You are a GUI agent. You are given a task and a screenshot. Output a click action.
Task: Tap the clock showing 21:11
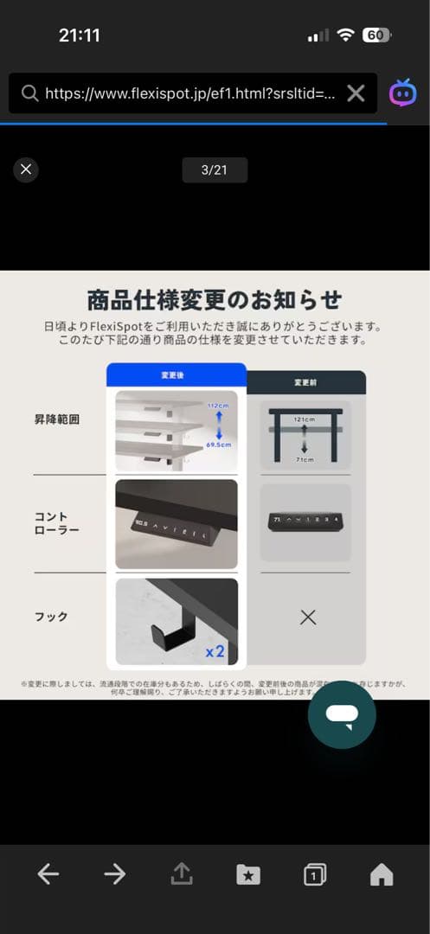click(80, 35)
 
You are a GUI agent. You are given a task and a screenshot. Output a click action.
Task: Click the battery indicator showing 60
click(376, 35)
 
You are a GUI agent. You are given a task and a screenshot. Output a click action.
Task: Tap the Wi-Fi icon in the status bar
click(346, 35)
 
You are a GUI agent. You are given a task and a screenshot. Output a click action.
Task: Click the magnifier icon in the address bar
click(29, 93)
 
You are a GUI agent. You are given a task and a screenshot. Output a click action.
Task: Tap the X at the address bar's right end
click(356, 93)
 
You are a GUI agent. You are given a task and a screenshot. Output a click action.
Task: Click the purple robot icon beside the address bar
click(402, 93)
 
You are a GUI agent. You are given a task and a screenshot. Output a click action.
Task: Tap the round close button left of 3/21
click(26, 170)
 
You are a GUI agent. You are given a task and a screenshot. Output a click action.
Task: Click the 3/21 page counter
click(214, 170)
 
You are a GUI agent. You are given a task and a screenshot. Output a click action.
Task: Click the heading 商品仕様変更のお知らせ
click(215, 300)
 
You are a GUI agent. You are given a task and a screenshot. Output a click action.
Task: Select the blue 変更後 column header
click(176, 375)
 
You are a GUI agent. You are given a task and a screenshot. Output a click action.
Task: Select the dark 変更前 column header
click(306, 382)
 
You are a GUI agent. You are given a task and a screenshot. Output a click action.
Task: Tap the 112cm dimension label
click(217, 405)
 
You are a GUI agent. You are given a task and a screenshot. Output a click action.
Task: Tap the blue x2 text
click(215, 651)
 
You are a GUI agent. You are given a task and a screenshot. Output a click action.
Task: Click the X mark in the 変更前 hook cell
click(307, 617)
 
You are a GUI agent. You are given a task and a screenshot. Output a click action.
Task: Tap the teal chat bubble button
click(342, 714)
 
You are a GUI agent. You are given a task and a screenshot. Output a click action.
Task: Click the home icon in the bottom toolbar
click(381, 874)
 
